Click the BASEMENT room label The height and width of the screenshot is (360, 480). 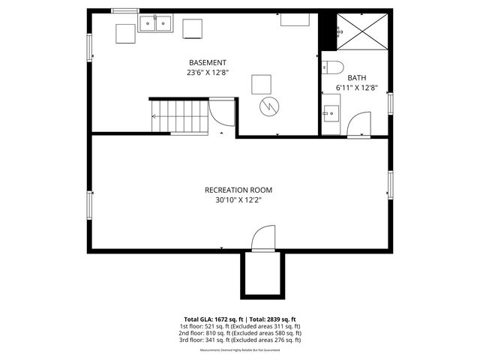(208, 62)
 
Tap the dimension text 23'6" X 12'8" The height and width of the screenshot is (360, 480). (208, 73)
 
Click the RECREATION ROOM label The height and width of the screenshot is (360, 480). (238, 190)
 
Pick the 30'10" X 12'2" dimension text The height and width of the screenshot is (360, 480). (238, 200)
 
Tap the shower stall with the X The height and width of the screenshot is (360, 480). (358, 31)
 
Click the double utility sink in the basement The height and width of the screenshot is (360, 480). (155, 25)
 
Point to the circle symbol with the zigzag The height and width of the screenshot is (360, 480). (268, 106)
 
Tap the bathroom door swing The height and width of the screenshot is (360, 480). (360, 123)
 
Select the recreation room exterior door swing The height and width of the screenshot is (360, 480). (263, 241)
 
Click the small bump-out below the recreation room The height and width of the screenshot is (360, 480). (262, 274)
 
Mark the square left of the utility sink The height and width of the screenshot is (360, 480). (124, 34)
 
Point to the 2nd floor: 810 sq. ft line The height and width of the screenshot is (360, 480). (239, 333)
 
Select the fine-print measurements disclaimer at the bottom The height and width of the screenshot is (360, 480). (239, 350)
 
